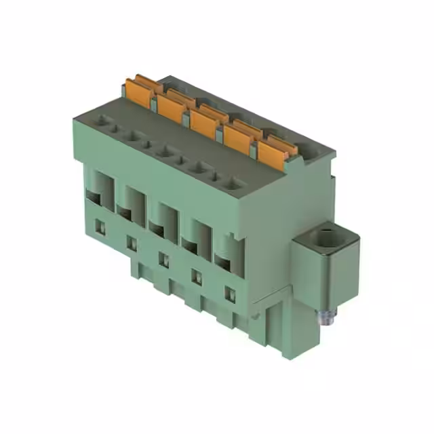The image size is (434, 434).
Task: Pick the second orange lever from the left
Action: click(170, 106)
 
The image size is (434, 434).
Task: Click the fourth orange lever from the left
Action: click(237, 136)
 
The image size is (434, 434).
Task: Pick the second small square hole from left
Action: click(132, 243)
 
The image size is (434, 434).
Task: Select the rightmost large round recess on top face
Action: click(230, 182)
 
